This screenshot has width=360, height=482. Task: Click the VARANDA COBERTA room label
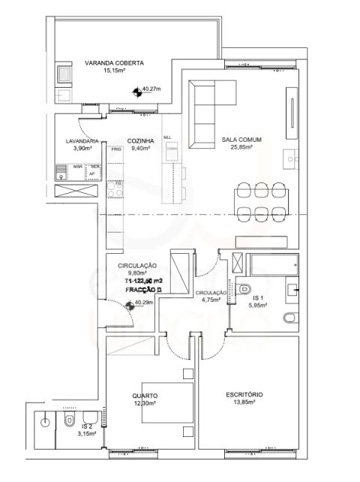pyautogui.click(x=114, y=63)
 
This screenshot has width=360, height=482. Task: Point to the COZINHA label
pyautogui.click(x=140, y=141)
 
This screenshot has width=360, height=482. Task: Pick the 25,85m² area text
pyautogui.click(x=237, y=148)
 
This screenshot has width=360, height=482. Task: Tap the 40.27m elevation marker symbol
pyautogui.click(x=136, y=92)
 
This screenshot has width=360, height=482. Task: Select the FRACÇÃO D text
pyautogui.click(x=145, y=289)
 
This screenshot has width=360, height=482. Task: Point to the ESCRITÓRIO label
pyautogui.click(x=244, y=395)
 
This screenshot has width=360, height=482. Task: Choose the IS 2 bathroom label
pyautogui.click(x=86, y=426)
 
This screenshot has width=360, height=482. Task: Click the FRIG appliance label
pyautogui.click(x=115, y=149)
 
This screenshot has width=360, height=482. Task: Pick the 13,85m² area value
pyautogui.click(x=244, y=402)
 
